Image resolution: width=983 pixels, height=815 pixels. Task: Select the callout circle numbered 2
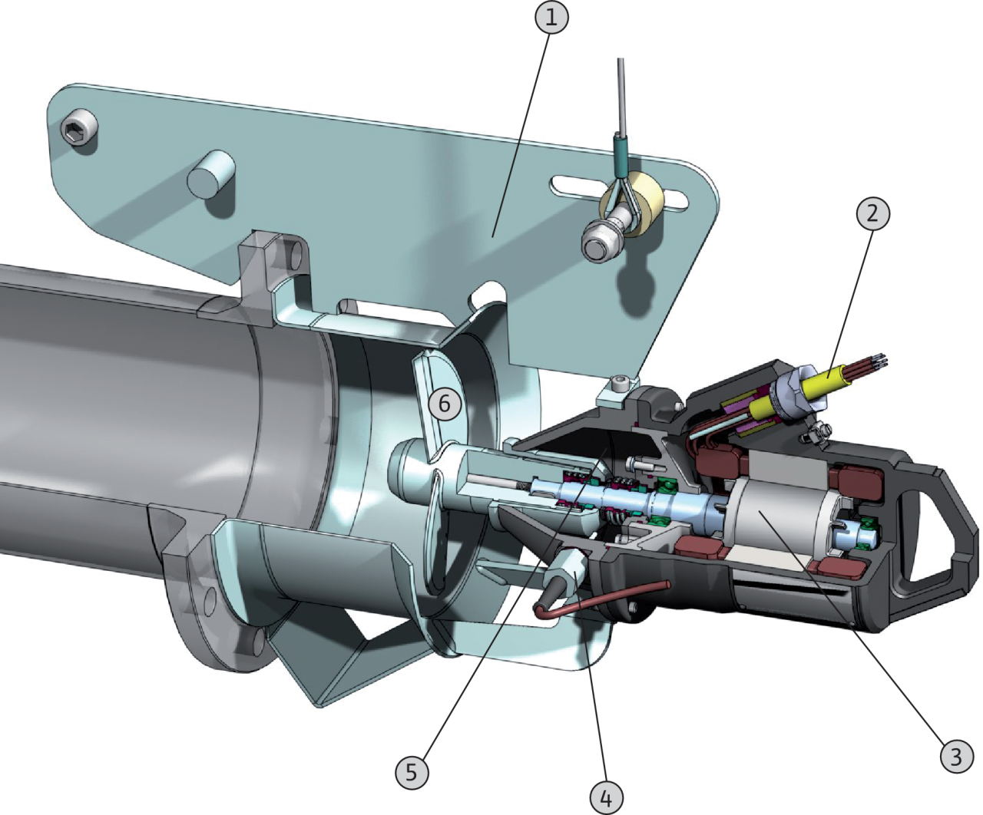click(872, 214)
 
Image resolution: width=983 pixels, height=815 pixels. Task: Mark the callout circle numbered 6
click(444, 404)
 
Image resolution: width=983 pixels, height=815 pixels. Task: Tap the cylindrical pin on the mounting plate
click(210, 173)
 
